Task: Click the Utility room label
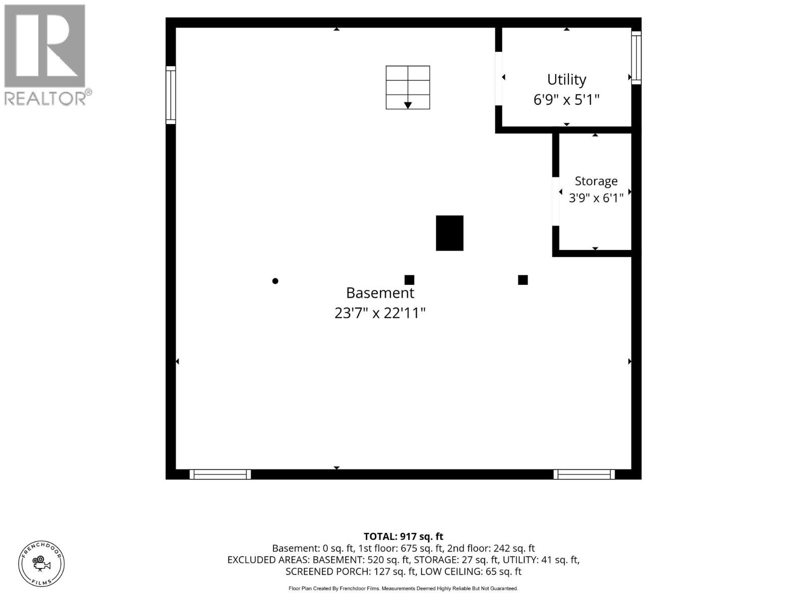click(566, 80)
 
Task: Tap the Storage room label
click(596, 181)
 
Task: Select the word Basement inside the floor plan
click(380, 293)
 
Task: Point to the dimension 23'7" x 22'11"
click(380, 313)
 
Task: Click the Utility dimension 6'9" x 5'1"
click(566, 99)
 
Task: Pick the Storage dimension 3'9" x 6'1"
click(596, 198)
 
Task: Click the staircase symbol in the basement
click(408, 87)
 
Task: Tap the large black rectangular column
click(449, 233)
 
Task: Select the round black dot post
click(275, 281)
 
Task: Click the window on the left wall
click(170, 95)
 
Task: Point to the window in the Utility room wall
click(636, 57)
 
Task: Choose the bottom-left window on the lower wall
click(220, 474)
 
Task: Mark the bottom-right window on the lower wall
click(584, 474)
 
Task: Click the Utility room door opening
click(498, 79)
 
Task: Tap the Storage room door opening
click(555, 201)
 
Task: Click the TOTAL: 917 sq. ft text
click(403, 536)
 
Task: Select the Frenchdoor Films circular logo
click(41, 564)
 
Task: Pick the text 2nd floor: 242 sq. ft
click(491, 549)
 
